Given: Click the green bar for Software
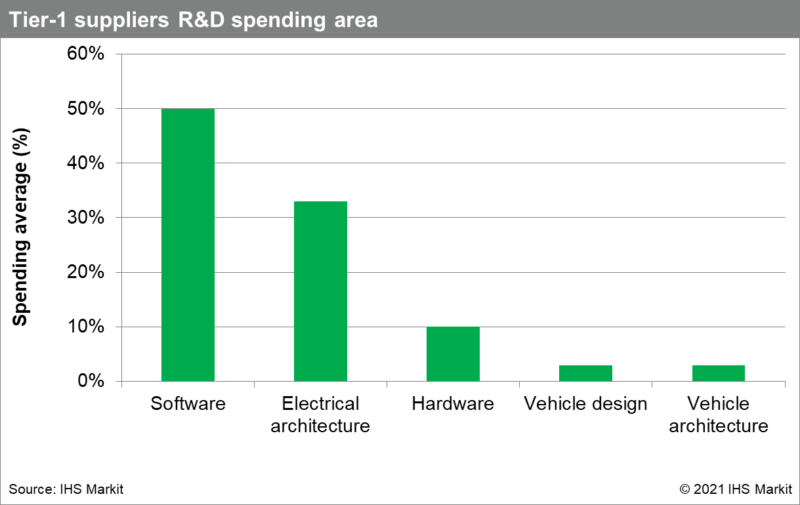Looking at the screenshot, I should tap(188, 245).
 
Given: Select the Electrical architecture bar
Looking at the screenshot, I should tap(320, 291).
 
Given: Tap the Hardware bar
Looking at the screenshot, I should tap(453, 354).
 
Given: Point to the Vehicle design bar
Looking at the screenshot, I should tap(585, 373).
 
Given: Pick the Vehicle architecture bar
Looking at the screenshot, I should tap(718, 373).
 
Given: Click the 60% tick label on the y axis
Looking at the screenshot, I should tap(86, 54).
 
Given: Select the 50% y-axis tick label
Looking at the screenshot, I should tap(86, 108).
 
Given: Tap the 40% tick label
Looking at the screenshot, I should tap(86, 163).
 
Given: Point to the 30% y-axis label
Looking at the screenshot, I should tap(86, 218).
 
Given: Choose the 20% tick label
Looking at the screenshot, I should tap(86, 272).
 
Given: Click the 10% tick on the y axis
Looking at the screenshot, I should tap(86, 327).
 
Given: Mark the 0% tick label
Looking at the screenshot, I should tap(91, 381).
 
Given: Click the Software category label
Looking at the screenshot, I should tap(188, 403).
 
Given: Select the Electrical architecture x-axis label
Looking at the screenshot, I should tap(320, 414).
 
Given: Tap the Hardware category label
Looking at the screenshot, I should tap(453, 403).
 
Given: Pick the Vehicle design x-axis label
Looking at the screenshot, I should tap(585, 403).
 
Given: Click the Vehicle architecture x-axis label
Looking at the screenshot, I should tap(718, 414).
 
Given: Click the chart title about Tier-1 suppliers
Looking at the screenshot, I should tap(193, 20).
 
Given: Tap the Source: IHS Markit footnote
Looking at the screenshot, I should tap(66, 489).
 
